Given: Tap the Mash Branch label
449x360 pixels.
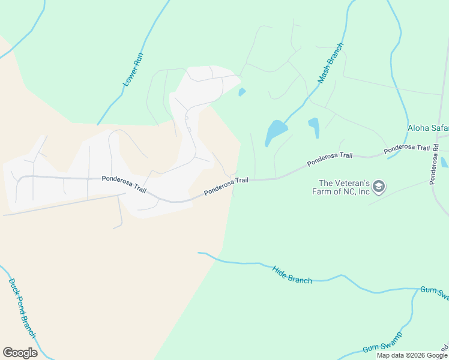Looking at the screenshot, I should (330, 62).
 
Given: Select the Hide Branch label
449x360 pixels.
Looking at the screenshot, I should (292, 275).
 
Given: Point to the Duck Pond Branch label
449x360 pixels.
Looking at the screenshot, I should (22, 307).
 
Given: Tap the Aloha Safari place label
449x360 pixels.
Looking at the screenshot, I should (428, 128).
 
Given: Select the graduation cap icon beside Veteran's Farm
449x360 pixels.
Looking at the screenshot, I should (379, 187).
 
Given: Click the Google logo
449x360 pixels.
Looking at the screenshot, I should (20, 353).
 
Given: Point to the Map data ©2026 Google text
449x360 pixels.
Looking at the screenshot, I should (412, 355).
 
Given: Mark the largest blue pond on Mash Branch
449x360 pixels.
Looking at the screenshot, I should (276, 130).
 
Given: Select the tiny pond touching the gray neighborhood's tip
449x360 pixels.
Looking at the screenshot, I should (242, 92).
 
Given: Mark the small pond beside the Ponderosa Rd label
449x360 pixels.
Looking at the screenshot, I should (444, 162).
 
